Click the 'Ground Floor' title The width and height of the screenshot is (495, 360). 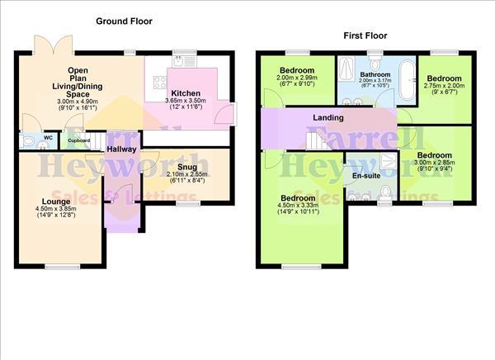(124, 21)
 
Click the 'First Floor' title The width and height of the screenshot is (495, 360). (364, 36)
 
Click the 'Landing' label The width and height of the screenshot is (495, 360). (328, 118)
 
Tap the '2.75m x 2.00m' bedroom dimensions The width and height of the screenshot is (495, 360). (444, 85)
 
